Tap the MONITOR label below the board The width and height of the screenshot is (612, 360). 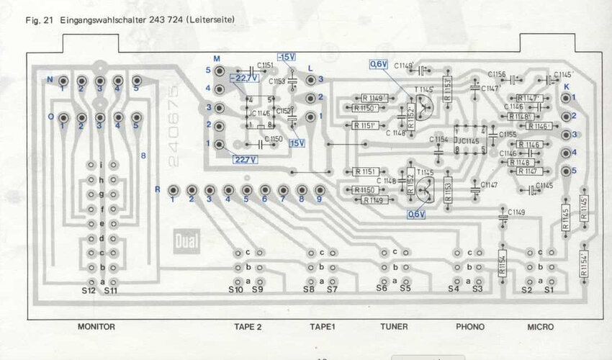pyautogui.click(x=96, y=327)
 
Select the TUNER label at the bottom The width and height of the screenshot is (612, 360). pyautogui.click(x=394, y=327)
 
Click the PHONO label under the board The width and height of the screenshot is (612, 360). pyautogui.click(x=470, y=327)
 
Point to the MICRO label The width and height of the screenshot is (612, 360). pyautogui.click(x=541, y=327)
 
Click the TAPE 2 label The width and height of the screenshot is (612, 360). pyautogui.click(x=248, y=327)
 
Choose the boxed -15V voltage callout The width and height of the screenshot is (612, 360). pyautogui.click(x=286, y=56)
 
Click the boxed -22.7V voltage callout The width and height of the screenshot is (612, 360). pyautogui.click(x=242, y=78)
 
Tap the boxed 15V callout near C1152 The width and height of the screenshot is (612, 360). pyautogui.click(x=297, y=143)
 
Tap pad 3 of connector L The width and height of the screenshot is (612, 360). pyautogui.click(x=310, y=79)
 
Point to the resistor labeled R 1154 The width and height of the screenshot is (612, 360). pyautogui.click(x=503, y=262)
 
